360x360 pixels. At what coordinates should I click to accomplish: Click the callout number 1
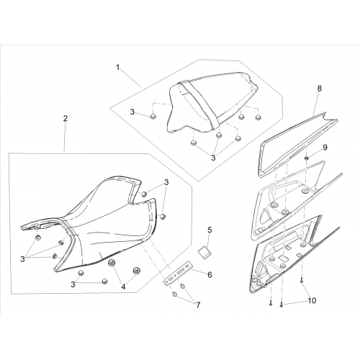117,68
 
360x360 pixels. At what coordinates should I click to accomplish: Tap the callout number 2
66,118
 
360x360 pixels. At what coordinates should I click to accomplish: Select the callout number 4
123,287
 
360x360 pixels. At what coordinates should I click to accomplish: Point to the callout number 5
210,230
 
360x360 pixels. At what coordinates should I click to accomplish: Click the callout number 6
210,274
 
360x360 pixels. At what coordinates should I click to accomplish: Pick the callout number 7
198,305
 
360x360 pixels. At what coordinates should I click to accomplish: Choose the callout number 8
319,89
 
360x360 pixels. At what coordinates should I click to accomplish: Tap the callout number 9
325,148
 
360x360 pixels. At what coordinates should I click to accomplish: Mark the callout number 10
312,300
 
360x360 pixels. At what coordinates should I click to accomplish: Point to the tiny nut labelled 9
307,158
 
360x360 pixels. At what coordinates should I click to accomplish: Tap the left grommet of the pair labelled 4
112,264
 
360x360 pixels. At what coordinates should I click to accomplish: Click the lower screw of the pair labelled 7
174,294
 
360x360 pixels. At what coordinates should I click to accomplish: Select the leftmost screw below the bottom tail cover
271,304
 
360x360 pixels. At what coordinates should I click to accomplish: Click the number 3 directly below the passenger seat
213,158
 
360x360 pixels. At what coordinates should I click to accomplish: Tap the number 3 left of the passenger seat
132,112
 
